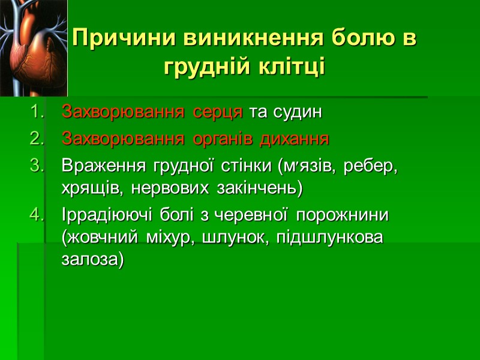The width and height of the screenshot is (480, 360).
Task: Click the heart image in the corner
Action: click(34, 48)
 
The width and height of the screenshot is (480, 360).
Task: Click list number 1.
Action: click(37, 112)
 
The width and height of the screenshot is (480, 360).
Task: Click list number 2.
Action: click(37, 139)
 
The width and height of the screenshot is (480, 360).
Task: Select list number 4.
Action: click(37, 214)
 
